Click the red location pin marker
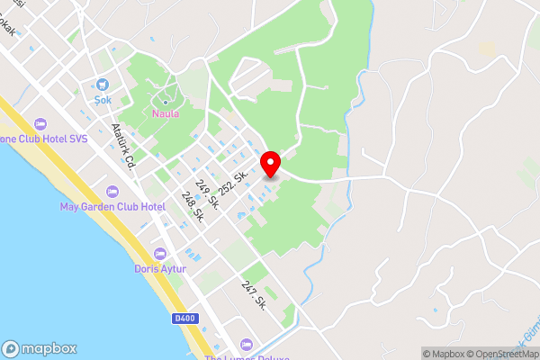click(271, 164)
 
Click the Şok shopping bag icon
click(103, 85)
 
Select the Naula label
click(165, 114)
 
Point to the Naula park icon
click(165, 103)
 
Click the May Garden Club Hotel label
click(112, 206)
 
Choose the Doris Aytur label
click(160, 268)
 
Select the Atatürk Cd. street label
click(123, 145)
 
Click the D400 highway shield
click(184, 318)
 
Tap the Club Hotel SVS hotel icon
click(40, 124)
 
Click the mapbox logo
click(40, 348)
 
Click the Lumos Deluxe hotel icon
click(247, 344)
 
